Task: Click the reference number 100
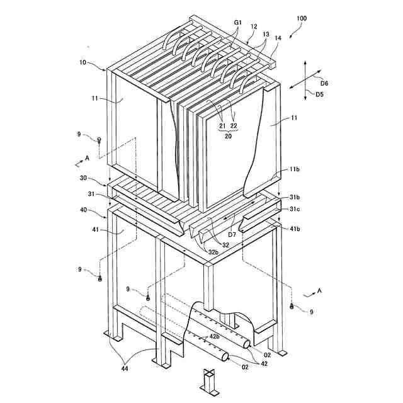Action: tap(302, 19)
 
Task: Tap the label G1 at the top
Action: tap(237, 22)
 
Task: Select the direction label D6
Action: tap(324, 82)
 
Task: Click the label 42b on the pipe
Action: tap(215, 336)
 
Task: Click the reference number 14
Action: tap(278, 38)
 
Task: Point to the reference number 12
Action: tap(254, 26)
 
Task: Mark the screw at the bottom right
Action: tap(292, 306)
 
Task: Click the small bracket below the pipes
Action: tap(208, 380)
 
